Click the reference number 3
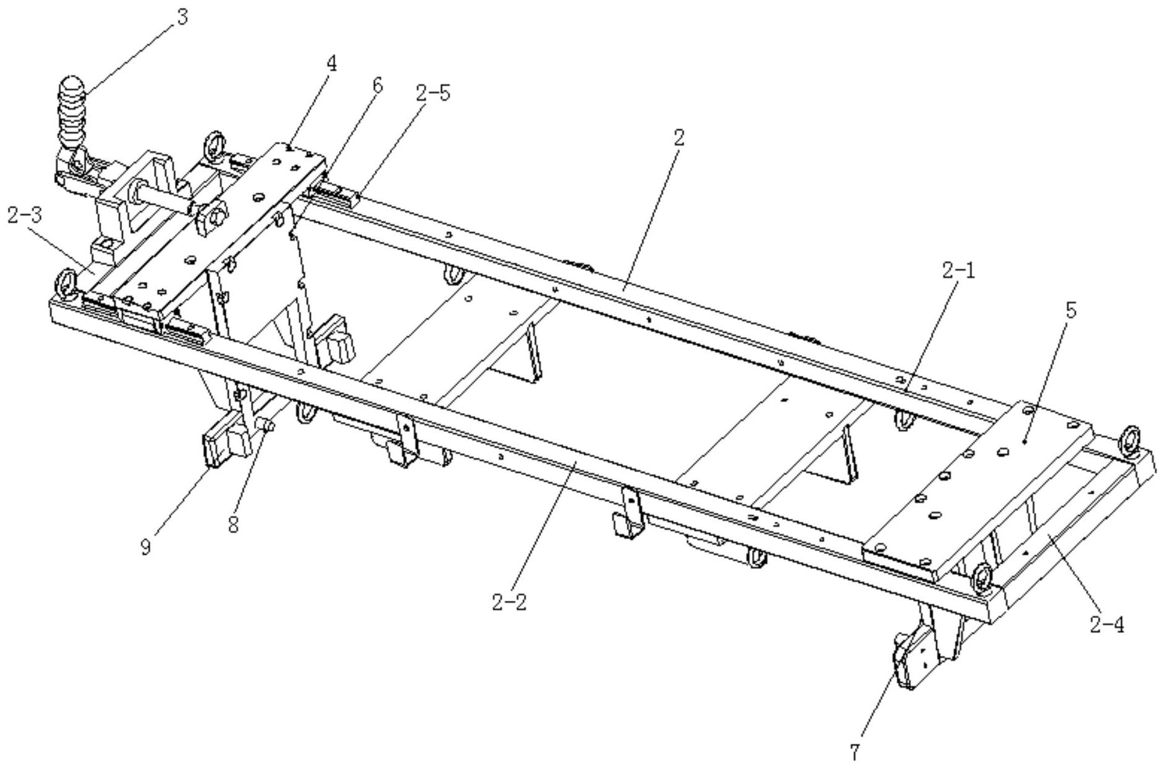(181, 17)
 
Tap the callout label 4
(332, 63)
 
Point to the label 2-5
(432, 94)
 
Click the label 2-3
(25, 216)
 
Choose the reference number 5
(1071, 311)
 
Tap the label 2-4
(1106, 625)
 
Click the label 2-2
(509, 602)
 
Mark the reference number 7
(854, 752)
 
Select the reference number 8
(233, 526)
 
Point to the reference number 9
(146, 547)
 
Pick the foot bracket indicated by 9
(216, 447)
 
